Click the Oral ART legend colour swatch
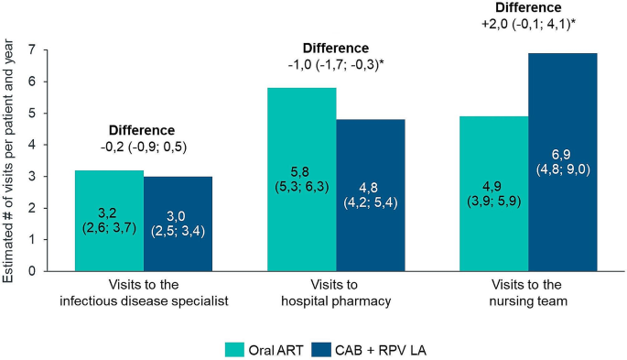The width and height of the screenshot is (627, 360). (x=235, y=349)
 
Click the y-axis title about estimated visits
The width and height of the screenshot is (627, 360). (x=11, y=161)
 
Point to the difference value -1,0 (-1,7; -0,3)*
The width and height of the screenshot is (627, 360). (x=336, y=65)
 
